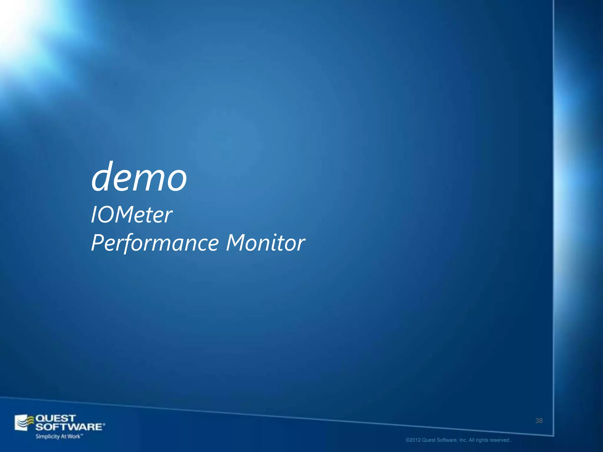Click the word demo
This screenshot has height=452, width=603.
pos(139,177)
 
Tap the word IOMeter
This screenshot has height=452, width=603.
pos(131,215)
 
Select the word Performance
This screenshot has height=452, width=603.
pos(155,243)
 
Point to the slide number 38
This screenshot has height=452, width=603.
pos(539,421)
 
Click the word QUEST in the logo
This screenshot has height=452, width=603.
pos(56,418)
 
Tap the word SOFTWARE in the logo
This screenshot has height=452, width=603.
pos(69,427)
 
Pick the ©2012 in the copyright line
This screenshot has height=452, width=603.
pos(413,440)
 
